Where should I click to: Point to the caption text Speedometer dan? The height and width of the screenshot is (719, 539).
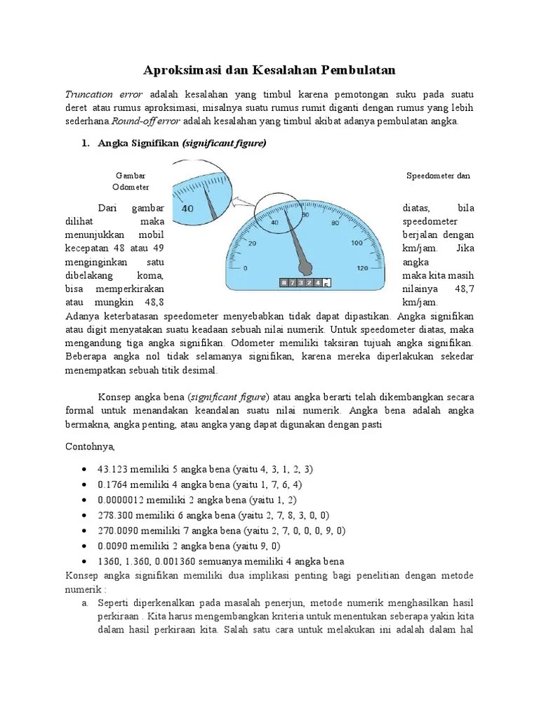point(438,176)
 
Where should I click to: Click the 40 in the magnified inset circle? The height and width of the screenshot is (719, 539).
point(187,209)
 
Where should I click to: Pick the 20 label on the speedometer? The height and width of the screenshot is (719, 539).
point(253,244)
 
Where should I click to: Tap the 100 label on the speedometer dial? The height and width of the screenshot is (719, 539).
point(357,244)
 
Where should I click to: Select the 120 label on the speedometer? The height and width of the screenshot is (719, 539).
point(363,268)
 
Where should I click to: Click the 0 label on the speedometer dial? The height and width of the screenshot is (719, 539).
point(245,268)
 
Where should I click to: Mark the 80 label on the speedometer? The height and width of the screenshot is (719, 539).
point(334,223)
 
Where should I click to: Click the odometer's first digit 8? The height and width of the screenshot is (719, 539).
point(284,282)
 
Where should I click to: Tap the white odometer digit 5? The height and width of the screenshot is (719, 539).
point(326,283)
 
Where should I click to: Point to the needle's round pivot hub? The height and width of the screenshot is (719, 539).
point(306,266)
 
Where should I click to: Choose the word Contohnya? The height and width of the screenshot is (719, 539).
point(89,446)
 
